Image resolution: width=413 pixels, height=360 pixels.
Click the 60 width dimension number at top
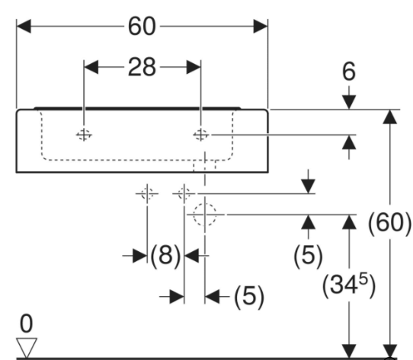[142, 26]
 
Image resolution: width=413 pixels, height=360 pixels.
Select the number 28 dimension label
[142, 67]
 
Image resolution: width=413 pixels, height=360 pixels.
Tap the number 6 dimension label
[349, 72]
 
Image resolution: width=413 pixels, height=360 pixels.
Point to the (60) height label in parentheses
[389, 223]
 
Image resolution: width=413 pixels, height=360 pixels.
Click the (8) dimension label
[165, 255]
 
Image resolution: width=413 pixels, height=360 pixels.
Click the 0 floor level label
[27, 324]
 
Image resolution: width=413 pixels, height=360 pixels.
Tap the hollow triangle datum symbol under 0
[27, 348]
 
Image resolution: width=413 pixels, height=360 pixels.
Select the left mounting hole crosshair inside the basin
[84, 135]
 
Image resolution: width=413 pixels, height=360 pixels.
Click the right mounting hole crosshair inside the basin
[200, 135]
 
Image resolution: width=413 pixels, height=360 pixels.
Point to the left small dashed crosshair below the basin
[147, 193]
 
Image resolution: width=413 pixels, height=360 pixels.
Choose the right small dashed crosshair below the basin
[184, 193]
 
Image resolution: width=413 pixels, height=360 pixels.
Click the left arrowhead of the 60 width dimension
[24, 26]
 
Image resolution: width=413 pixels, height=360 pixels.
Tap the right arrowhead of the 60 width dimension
[261, 26]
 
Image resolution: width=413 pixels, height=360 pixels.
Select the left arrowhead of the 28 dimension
[91, 67]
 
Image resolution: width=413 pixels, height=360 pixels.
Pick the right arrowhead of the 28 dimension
[194, 67]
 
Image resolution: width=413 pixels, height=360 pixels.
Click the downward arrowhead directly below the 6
[349, 103]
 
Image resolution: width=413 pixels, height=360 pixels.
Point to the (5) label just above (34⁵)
[308, 254]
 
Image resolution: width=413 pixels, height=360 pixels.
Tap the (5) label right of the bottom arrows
[249, 296]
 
